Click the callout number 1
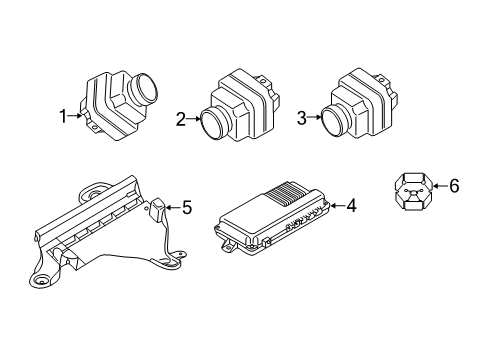click(64, 116)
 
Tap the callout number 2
click(180, 120)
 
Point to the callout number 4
click(352, 207)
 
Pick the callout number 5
click(185, 208)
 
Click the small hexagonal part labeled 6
click(411, 190)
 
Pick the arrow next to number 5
click(172, 208)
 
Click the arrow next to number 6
click(438, 185)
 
